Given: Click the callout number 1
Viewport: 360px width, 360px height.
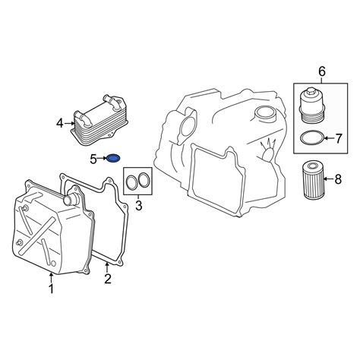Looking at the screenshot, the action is (52, 289).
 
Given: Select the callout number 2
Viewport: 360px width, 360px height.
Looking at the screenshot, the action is (108, 279).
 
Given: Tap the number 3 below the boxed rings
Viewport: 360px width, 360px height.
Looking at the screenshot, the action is (139, 206).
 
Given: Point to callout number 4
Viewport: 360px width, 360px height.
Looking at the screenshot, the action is (59, 124).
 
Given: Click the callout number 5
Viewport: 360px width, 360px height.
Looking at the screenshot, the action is (93, 159).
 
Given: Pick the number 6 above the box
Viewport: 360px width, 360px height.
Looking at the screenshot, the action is (321, 71).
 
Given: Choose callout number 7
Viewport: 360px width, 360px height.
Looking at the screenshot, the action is (339, 138).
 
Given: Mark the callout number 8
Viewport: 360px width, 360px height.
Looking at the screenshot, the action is (338, 179).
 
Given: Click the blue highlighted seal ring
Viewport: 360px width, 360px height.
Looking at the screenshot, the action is (113, 159).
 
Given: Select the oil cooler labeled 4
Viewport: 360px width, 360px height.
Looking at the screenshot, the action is (99, 121).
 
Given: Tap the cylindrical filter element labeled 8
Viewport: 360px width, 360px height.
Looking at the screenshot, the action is (314, 180).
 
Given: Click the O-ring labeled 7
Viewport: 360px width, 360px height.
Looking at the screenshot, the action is (312, 138).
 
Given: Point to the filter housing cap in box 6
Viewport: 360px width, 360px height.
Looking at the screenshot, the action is (311, 106).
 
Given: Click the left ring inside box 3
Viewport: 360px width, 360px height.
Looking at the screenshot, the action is (131, 182).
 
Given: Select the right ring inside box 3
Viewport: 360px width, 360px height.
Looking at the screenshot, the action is (144, 180).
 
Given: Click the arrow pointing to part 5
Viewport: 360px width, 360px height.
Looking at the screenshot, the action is (103, 159).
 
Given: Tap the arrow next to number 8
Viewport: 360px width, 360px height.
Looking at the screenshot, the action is (329, 179).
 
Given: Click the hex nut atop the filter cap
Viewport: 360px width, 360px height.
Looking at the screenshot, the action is (311, 90).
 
